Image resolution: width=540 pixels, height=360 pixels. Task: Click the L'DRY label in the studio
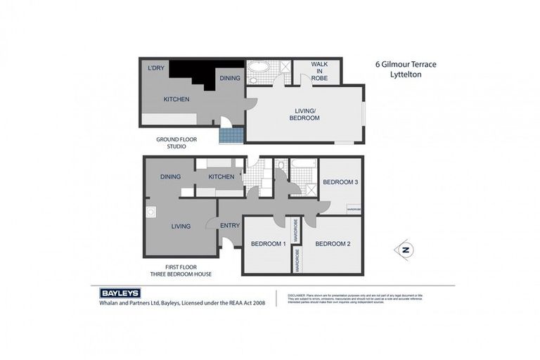(x=155, y=68)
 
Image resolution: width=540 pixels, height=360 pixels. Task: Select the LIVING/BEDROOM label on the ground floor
(x=305, y=114)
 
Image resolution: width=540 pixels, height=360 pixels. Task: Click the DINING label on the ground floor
(x=230, y=78)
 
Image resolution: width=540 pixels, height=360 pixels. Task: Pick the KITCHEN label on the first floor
(x=221, y=176)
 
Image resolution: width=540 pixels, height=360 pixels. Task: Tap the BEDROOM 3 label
(x=340, y=182)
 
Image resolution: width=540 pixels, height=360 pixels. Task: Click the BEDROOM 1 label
(x=268, y=244)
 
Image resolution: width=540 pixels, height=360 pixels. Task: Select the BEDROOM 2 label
(x=333, y=244)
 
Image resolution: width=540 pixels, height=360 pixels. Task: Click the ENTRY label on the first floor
(x=229, y=226)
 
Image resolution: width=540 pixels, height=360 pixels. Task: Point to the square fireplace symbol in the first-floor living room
(x=150, y=211)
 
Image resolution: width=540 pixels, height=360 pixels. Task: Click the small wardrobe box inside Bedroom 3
(x=354, y=209)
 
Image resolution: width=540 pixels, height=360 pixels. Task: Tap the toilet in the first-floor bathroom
(x=281, y=167)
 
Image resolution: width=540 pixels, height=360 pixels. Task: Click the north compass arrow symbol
(x=404, y=250)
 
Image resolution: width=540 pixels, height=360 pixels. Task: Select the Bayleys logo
(x=120, y=293)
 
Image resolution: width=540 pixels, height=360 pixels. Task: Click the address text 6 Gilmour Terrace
(x=406, y=64)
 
